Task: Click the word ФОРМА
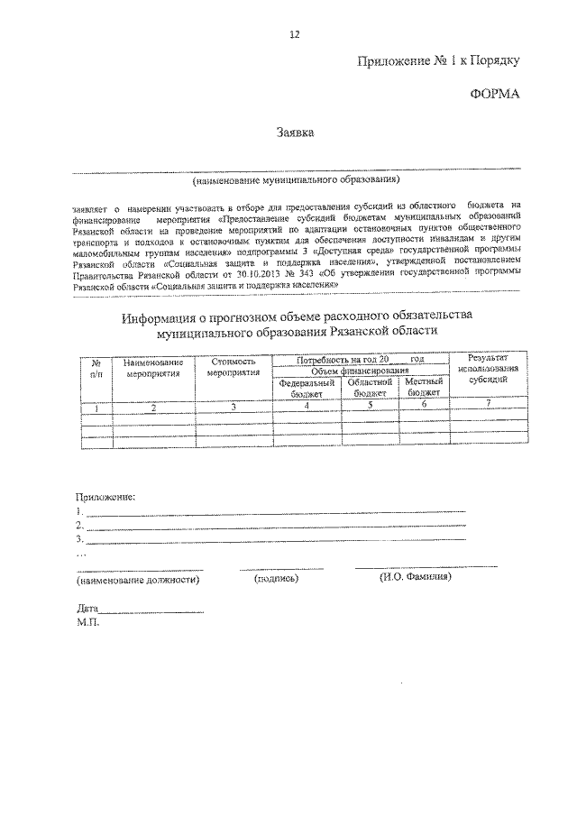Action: (496, 94)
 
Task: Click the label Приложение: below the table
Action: (105, 496)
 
